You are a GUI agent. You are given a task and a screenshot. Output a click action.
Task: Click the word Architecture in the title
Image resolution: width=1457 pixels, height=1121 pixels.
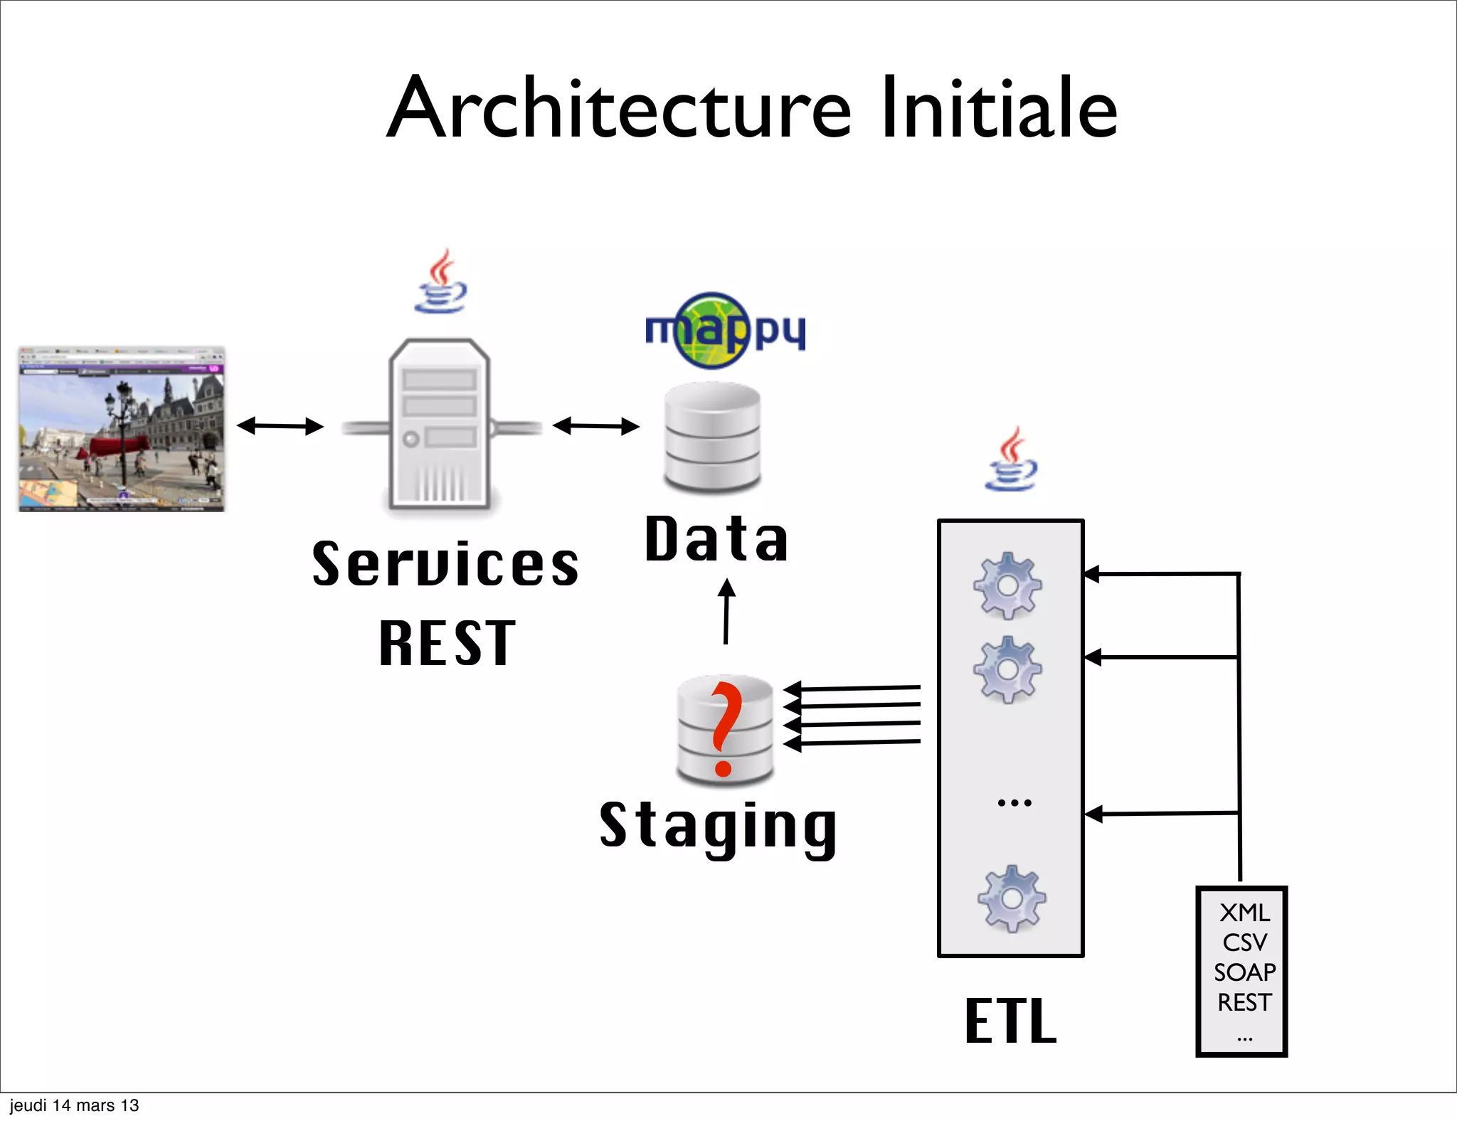(x=619, y=108)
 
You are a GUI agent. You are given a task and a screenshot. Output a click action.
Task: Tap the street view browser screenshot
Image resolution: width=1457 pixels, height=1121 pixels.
(x=122, y=430)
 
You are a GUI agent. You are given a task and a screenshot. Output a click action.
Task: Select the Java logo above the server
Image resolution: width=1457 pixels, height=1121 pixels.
(x=441, y=282)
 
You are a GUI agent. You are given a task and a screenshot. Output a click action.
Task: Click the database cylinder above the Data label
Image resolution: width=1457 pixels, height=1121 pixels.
(x=712, y=437)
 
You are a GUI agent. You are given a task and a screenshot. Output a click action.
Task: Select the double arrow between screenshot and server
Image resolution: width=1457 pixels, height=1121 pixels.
(x=280, y=426)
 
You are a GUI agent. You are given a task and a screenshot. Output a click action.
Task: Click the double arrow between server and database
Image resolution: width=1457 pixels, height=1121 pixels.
(x=596, y=426)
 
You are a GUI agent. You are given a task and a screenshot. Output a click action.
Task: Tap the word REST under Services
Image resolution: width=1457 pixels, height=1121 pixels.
(x=447, y=643)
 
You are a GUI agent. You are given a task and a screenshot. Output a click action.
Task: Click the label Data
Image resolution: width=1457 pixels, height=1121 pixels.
(x=716, y=539)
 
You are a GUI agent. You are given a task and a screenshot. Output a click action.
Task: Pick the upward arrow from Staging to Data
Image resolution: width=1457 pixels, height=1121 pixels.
(x=726, y=611)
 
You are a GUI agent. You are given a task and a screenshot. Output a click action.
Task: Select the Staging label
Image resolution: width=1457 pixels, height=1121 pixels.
(x=719, y=827)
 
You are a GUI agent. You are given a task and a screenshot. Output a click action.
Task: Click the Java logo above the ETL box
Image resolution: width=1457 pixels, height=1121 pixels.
(x=1011, y=460)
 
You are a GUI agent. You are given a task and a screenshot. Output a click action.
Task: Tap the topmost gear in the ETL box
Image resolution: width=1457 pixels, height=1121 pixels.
(x=1007, y=585)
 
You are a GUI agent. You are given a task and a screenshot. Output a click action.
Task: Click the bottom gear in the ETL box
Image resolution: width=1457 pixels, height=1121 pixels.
(x=1011, y=899)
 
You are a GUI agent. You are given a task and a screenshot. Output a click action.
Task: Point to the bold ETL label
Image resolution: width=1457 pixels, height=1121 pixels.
(x=1010, y=1021)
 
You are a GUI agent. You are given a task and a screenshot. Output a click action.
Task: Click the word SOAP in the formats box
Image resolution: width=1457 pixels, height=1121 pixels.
(x=1244, y=972)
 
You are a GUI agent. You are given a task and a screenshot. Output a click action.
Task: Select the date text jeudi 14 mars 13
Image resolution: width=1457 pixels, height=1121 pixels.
(x=74, y=1105)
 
